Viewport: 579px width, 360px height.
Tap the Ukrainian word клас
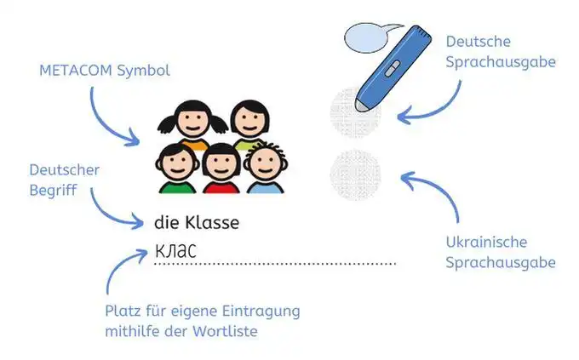click(x=175, y=250)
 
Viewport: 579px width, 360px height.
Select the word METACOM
click(x=71, y=69)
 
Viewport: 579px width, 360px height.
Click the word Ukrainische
click(x=485, y=243)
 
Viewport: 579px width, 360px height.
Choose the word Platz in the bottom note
click(x=121, y=310)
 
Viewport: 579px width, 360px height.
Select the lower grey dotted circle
click(x=354, y=174)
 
